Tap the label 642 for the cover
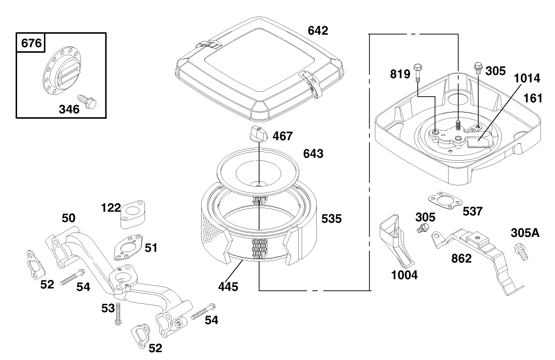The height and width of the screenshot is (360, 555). (x=318, y=31)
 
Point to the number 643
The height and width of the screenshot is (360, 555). (x=313, y=154)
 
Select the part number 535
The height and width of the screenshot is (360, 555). (x=331, y=219)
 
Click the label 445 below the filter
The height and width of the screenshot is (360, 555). (x=228, y=287)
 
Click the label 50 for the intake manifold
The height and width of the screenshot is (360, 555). (x=68, y=217)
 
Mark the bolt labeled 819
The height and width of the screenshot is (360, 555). (x=417, y=72)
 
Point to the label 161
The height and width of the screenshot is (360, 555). (x=533, y=98)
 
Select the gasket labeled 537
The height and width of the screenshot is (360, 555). (x=443, y=201)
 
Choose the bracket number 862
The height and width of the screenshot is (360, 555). (x=461, y=258)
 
